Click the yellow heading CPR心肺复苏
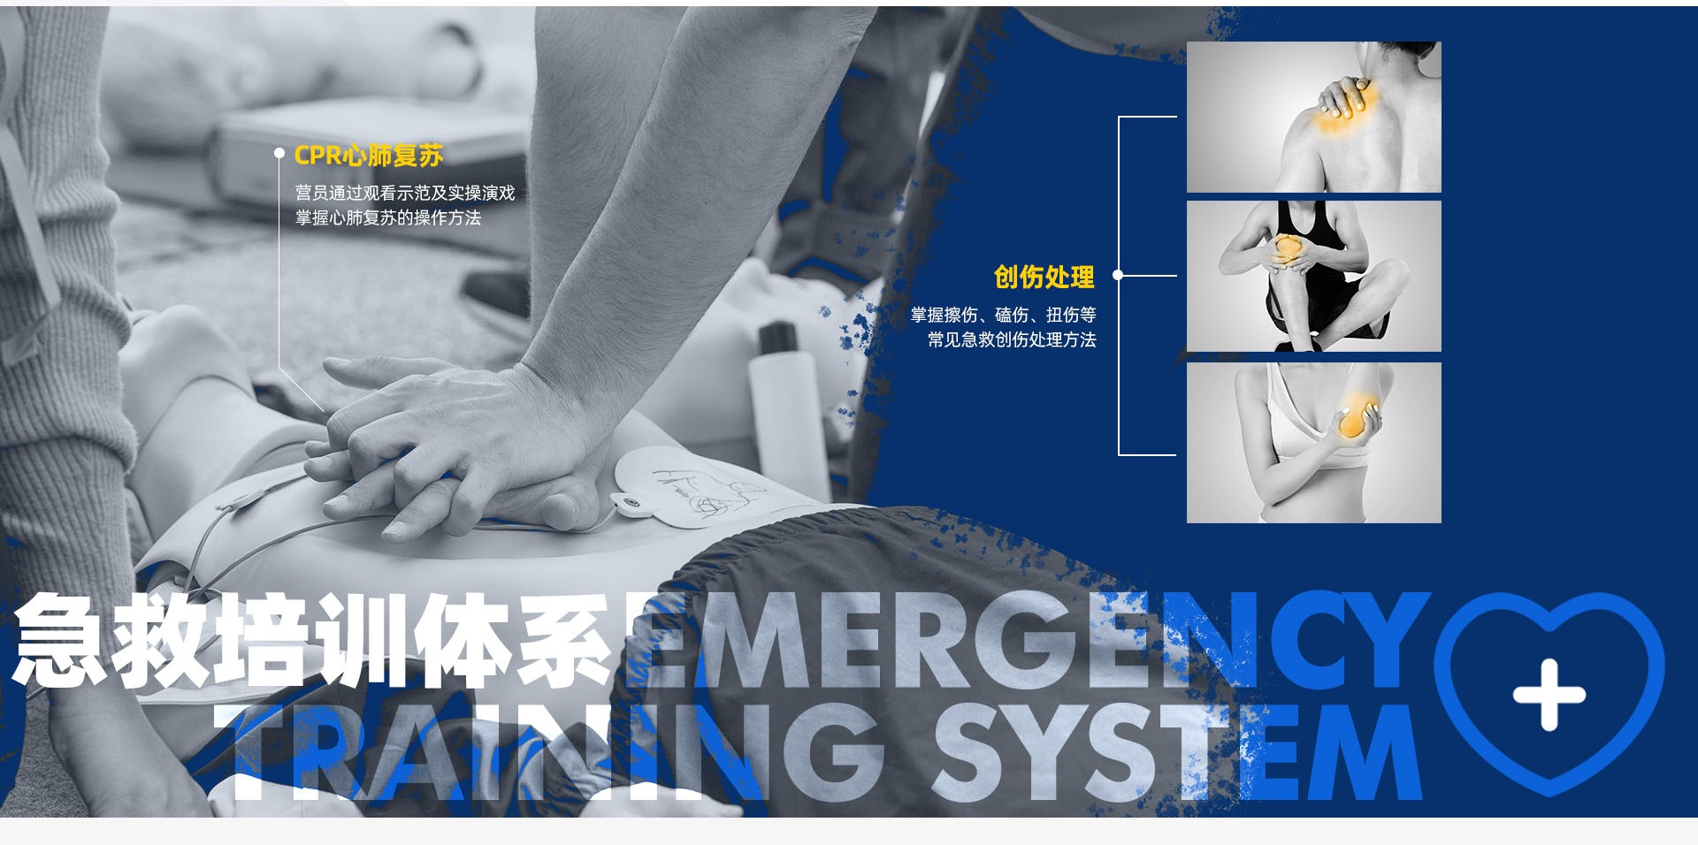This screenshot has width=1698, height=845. (x=368, y=156)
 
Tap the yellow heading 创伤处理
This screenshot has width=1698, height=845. (x=1044, y=277)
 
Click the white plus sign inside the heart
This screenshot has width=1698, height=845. (x=1549, y=695)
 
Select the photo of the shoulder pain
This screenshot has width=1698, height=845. (x=1313, y=117)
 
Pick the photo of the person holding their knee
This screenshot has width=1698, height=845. (x=1313, y=277)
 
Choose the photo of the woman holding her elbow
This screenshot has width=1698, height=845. (x=1313, y=443)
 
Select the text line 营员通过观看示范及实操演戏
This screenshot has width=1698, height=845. (x=404, y=193)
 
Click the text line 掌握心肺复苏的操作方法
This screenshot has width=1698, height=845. (x=387, y=217)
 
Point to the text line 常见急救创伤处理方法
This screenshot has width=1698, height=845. (x=1012, y=339)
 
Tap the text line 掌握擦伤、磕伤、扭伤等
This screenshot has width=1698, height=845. (x=1003, y=315)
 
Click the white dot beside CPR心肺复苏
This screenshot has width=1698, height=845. (x=279, y=155)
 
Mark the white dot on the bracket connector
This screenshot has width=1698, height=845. (x=1118, y=275)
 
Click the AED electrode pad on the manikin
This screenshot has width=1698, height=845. (x=694, y=488)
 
